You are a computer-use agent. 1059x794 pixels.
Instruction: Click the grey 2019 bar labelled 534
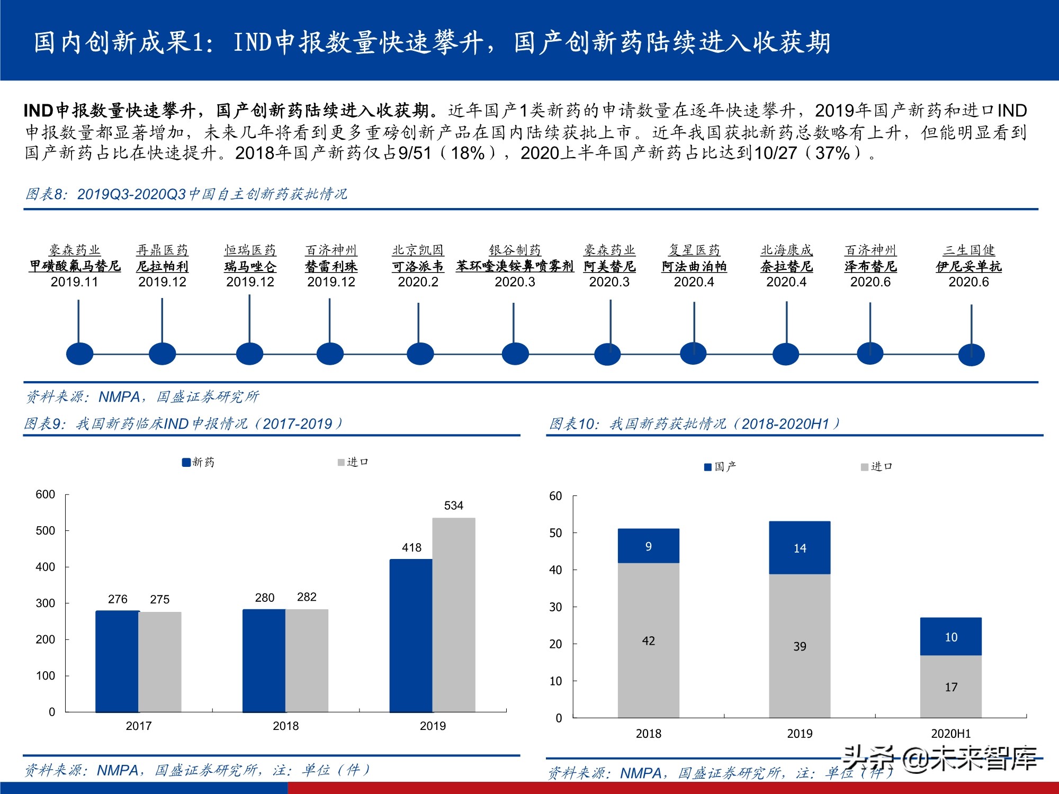coord(454,614)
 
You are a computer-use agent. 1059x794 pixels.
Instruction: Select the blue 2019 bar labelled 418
coord(411,635)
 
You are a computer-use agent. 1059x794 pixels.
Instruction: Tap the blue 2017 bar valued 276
coord(117,662)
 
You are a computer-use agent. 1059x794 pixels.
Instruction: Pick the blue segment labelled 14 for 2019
coord(800,548)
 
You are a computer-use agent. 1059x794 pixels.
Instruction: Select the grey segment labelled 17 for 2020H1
coord(950,687)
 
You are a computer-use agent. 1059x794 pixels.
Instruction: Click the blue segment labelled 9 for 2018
coord(648,546)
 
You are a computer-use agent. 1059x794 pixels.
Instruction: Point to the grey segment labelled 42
coord(648,640)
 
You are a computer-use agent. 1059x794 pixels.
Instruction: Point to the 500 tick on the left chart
coord(45,530)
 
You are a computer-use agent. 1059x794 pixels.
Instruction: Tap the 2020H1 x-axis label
coord(950,734)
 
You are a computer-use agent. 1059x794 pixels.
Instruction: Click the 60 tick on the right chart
coord(555,496)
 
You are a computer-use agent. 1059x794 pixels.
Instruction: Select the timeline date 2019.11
coord(74,282)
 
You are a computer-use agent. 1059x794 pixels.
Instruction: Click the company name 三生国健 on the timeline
coord(968,250)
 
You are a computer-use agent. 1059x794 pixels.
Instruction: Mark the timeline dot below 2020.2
coord(420,354)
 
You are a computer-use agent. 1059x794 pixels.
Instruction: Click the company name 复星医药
coord(694,250)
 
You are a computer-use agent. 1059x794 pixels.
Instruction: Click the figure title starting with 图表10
coord(694,423)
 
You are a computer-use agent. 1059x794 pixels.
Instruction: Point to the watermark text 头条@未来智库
coord(940,759)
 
